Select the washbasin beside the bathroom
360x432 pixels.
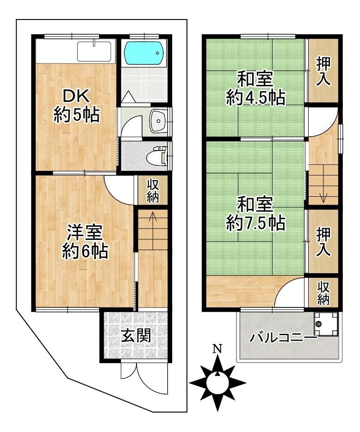tap(159, 121)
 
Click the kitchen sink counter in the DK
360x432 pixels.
tap(94, 51)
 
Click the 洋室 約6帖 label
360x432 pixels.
tap(85, 242)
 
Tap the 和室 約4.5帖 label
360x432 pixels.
tap(255, 88)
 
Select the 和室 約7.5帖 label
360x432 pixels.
tap(255, 213)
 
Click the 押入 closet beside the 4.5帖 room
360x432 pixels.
tap(323, 71)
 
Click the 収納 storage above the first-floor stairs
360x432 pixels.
tap(153, 190)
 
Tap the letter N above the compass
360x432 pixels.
tap(217, 349)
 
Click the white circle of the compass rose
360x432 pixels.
tap(217, 383)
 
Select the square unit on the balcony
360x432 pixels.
tap(326, 324)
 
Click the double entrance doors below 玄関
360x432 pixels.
tap(144, 378)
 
